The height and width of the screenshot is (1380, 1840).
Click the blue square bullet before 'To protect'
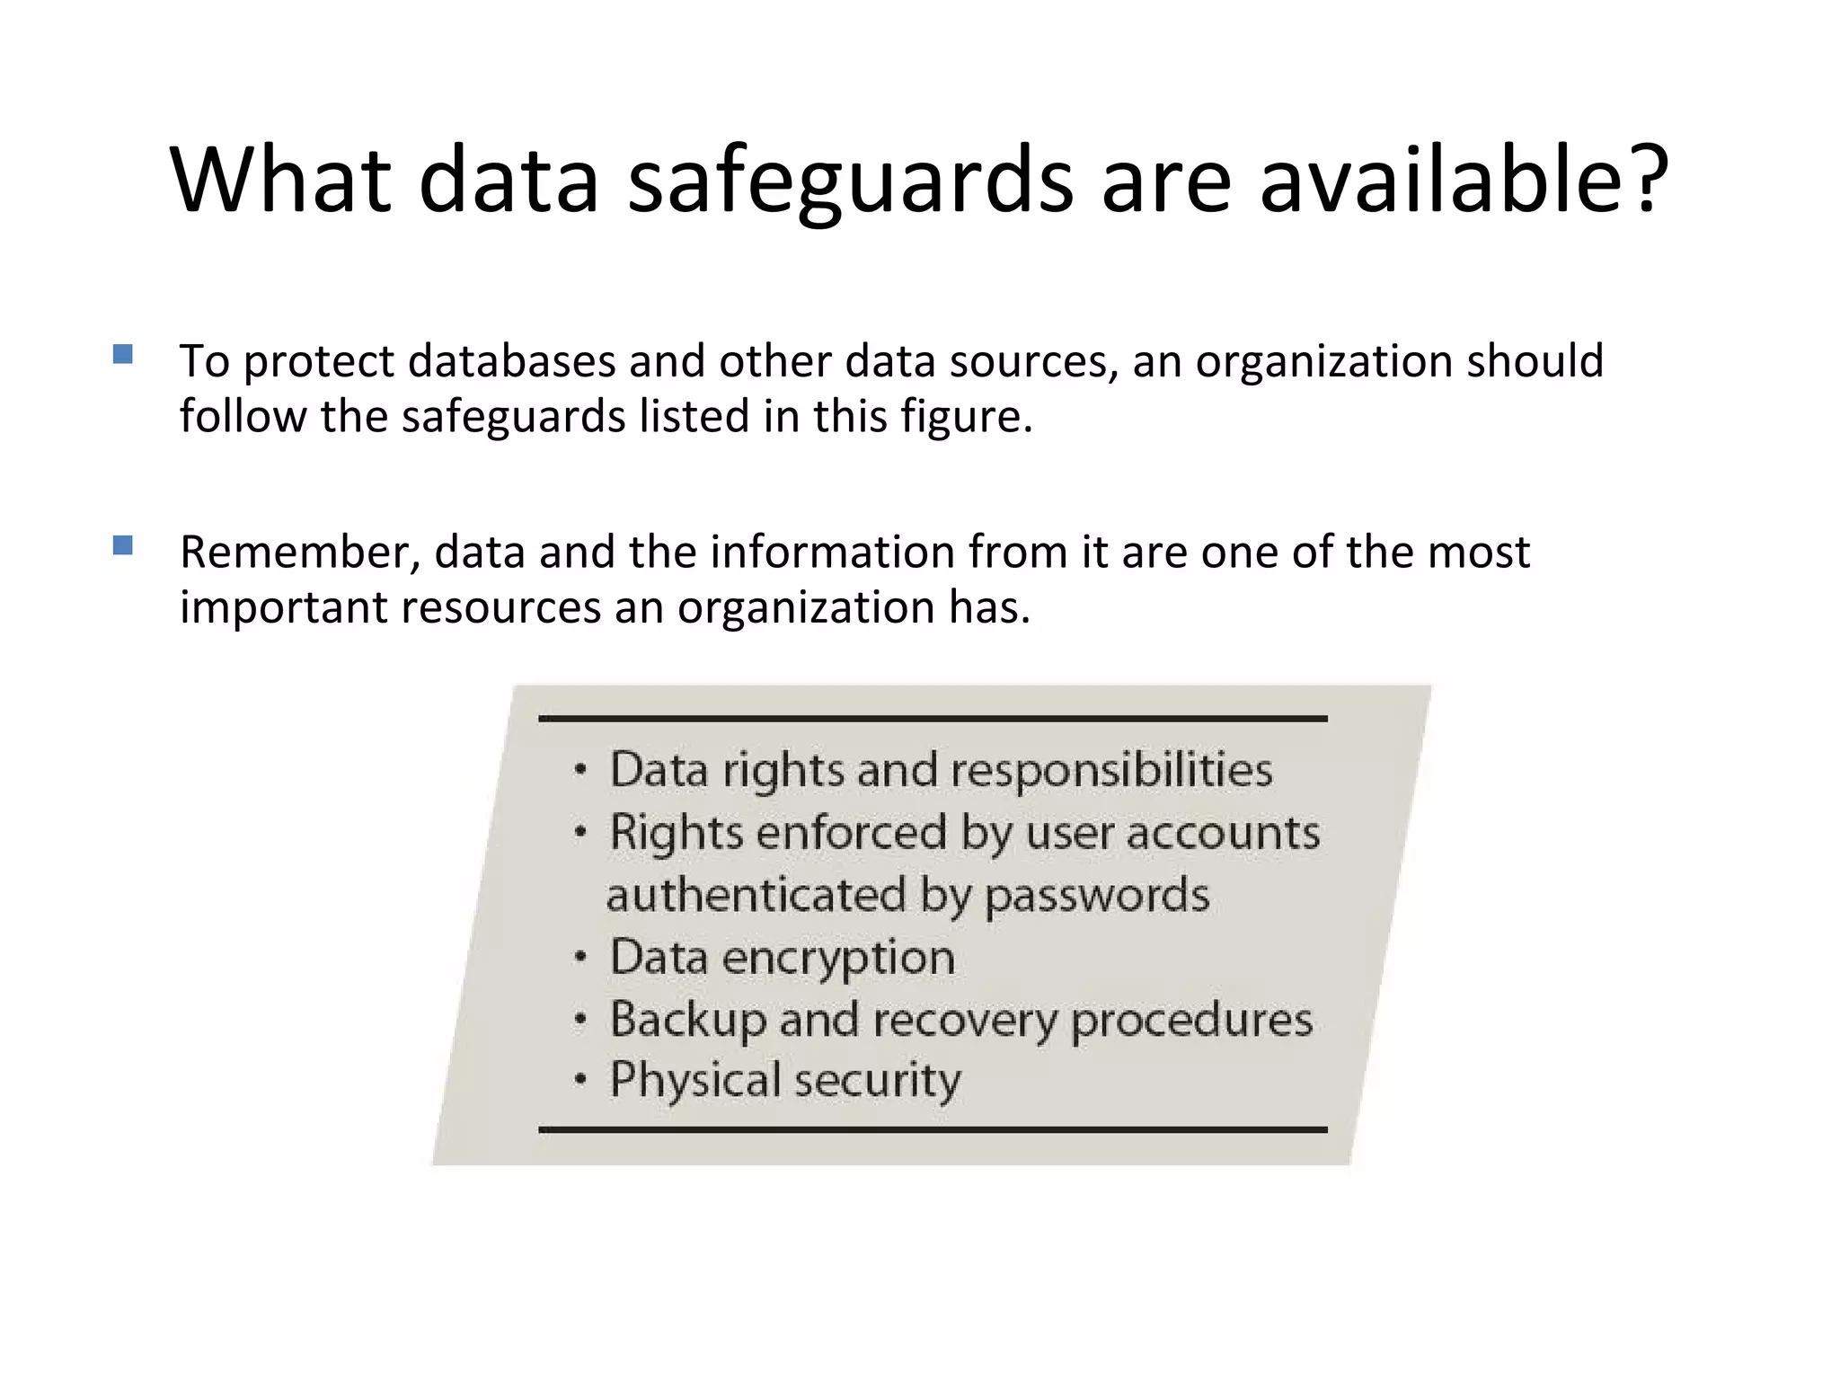tap(123, 354)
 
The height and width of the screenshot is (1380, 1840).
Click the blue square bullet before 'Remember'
tap(123, 545)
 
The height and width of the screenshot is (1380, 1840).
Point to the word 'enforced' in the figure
tap(851, 833)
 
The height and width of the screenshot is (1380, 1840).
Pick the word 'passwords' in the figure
tap(1097, 896)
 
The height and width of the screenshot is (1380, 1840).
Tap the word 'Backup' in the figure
tap(686, 1021)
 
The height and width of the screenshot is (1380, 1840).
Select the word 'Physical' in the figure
tap(694, 1081)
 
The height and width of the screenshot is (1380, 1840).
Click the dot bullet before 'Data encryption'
tap(581, 957)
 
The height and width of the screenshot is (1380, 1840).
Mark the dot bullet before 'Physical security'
tap(581, 1080)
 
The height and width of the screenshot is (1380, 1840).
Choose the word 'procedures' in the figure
tap(1191, 1021)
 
